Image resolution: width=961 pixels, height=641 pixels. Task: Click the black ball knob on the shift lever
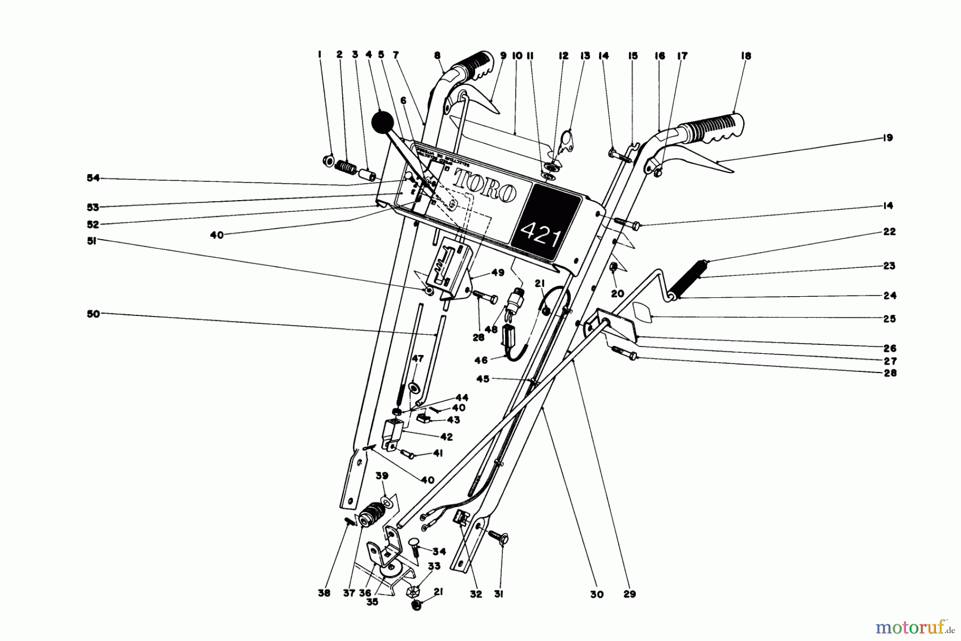[382, 124]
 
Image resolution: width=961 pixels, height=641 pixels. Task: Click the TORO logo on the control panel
[485, 185]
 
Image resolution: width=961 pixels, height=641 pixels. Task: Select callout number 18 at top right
[746, 56]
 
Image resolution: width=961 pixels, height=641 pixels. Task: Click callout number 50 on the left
[94, 314]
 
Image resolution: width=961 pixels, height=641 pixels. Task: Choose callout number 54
[94, 178]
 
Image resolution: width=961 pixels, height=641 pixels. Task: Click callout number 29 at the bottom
[629, 594]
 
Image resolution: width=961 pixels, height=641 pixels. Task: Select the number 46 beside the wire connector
[481, 360]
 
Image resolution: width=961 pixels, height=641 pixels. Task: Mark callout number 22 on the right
[889, 232]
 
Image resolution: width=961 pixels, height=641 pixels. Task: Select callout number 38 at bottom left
[325, 593]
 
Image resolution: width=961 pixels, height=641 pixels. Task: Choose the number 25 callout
[889, 319]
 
